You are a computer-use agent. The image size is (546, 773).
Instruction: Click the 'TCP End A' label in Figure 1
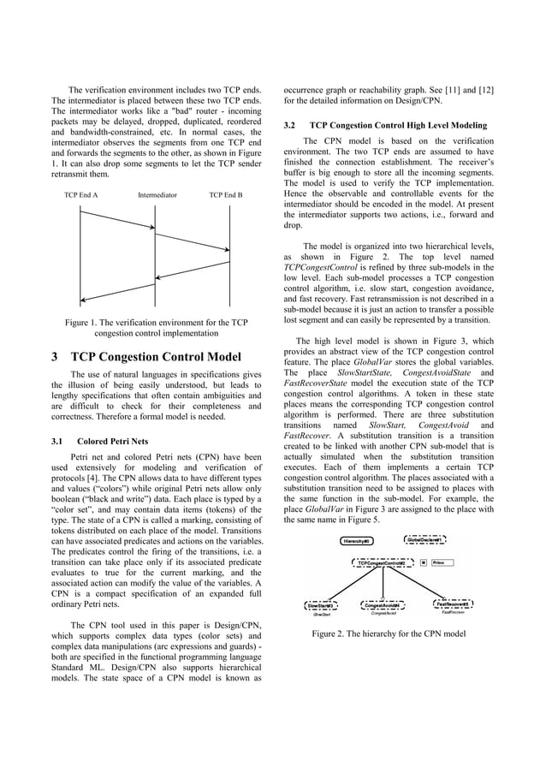81,195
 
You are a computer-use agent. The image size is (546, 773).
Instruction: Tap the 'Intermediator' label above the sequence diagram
157,195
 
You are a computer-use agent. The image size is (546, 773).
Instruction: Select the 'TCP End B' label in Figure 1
226,195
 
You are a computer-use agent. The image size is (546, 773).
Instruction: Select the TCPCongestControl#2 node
382,562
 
